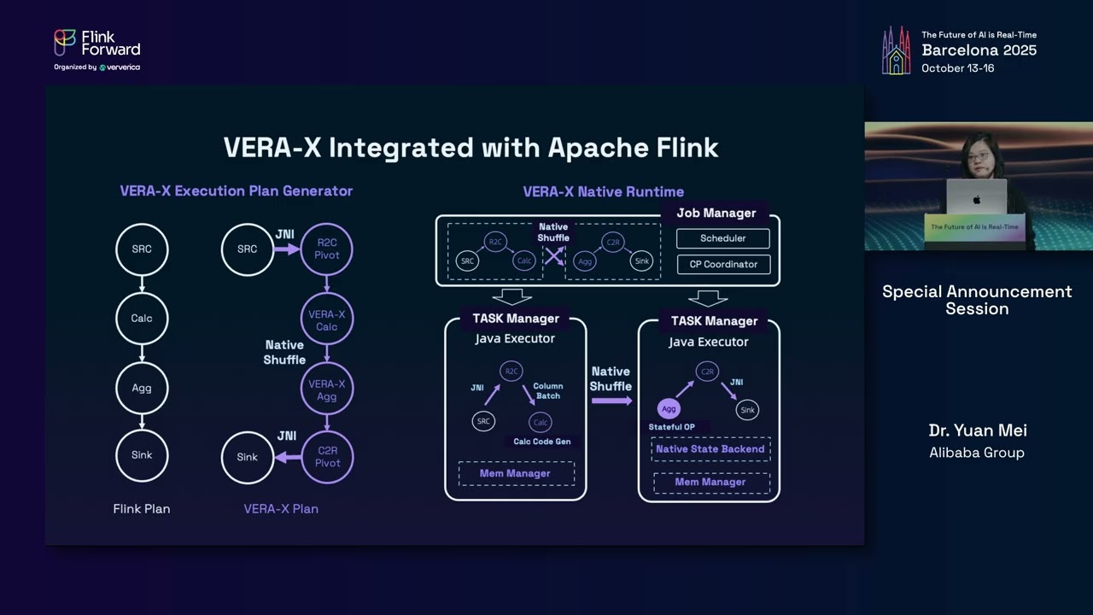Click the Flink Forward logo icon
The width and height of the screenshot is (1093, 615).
[65, 43]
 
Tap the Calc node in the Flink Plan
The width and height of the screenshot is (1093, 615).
[142, 319]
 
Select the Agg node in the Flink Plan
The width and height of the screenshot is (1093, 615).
[142, 388]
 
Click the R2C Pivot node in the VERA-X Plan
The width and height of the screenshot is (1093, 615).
[327, 249]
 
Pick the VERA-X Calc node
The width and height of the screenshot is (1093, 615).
[327, 320]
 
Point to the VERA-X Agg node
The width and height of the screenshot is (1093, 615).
[327, 390]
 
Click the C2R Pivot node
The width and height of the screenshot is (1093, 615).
[327, 457]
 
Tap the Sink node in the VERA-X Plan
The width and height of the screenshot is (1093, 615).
[247, 457]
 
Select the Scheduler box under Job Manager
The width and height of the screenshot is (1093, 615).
[722, 238]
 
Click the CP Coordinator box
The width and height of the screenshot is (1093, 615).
[722, 264]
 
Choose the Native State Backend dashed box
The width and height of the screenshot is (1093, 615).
[710, 449]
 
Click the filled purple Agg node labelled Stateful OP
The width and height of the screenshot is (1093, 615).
[669, 409]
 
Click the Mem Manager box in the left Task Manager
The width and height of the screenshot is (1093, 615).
[515, 473]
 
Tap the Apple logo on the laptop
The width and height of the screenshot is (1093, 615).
[976, 200]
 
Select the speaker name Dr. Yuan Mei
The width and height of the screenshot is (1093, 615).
[977, 430]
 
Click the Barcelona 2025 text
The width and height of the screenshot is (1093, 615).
[979, 50]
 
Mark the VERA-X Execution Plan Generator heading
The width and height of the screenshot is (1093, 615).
[236, 191]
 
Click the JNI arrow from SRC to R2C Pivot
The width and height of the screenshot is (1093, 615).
[287, 249]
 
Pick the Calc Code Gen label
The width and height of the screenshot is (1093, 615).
[541, 442]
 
